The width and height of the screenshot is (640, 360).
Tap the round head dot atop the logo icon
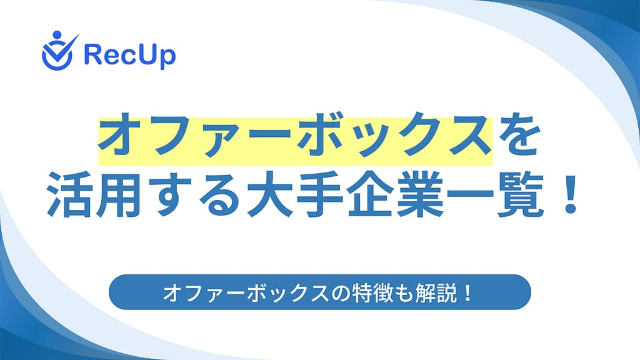tap(57, 35)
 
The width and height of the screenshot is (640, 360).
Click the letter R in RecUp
tap(92, 54)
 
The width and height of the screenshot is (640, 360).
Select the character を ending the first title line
tap(518, 135)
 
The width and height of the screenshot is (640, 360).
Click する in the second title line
tap(193, 195)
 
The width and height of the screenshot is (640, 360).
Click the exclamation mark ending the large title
tap(569, 194)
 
